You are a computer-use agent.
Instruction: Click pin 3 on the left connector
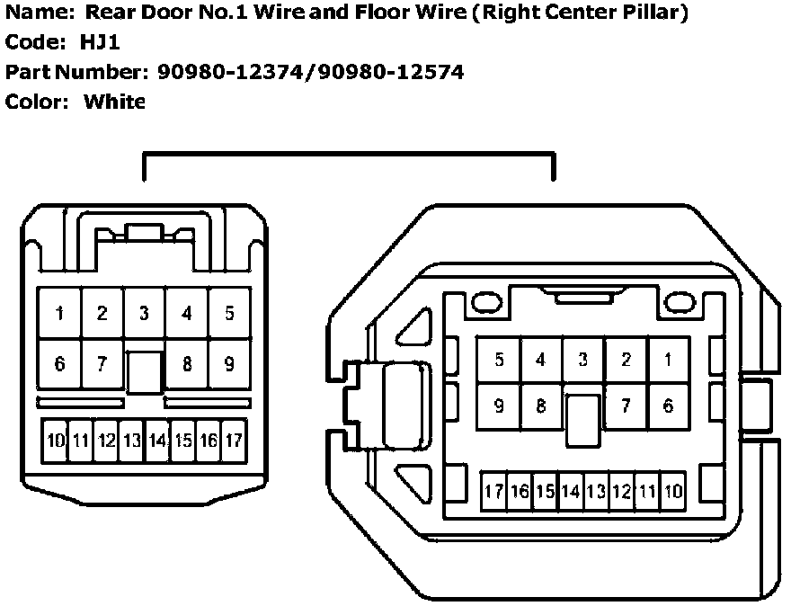144,314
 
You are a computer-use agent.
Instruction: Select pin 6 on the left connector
59,364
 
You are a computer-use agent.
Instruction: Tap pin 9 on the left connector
229,364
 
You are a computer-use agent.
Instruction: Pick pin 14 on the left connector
158,441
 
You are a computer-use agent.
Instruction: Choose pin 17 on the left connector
234,441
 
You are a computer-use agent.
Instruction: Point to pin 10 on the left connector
57,441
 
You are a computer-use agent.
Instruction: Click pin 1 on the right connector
668,360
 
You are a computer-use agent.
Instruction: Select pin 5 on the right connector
499,360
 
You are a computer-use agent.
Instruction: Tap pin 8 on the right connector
541,406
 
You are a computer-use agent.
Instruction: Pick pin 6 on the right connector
668,406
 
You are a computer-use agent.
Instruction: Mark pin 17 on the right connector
493,492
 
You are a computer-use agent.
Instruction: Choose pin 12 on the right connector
621,492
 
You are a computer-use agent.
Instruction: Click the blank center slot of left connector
144,371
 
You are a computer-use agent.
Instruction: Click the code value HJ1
100,42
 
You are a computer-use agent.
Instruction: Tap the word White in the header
114,102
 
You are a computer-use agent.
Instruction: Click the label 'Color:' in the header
37,102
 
